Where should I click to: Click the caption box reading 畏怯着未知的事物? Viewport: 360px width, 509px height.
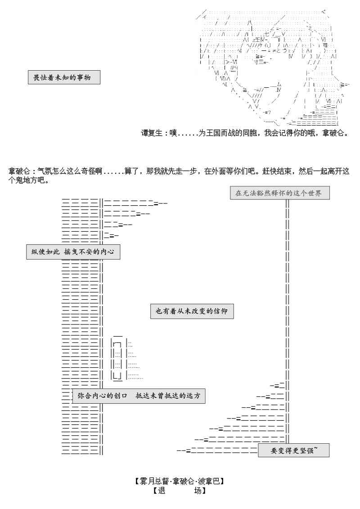tap(63, 77)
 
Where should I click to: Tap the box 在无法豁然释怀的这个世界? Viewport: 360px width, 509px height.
tap(279, 193)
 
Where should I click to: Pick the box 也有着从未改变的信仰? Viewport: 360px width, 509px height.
tap(192, 311)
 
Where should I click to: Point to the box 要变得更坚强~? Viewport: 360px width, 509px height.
tap(293, 450)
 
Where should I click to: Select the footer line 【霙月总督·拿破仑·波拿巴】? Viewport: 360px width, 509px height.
tap(180, 481)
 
